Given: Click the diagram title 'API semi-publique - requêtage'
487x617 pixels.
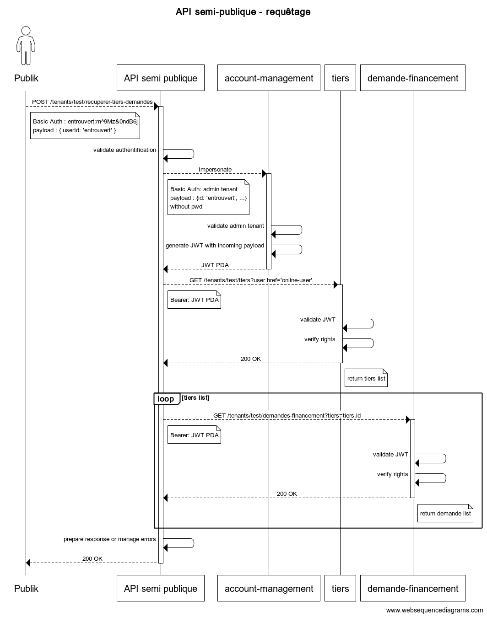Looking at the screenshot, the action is click(243, 12).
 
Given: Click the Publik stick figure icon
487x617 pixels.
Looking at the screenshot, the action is click(26, 46).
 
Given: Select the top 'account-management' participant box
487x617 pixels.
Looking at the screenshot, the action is click(269, 78).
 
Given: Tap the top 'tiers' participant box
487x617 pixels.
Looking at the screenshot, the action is click(340, 78).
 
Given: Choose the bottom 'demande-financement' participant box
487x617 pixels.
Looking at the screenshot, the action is click(413, 588).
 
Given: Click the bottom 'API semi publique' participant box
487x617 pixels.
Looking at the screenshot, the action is click(160, 588).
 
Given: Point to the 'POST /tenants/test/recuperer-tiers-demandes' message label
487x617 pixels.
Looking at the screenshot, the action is click(92, 102).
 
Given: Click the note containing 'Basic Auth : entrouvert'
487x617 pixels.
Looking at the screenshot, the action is click(85, 126).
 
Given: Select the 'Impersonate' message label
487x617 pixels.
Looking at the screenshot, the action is click(215, 169).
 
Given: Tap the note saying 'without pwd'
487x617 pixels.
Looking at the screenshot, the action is click(208, 197).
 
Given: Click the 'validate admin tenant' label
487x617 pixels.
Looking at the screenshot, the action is click(235, 226).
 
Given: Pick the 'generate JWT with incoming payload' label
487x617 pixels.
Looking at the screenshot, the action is click(215, 246).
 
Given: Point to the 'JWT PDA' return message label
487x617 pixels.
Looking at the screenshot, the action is click(215, 265).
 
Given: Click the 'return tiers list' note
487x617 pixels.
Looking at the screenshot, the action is click(366, 378).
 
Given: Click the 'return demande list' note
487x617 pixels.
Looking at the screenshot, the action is click(445, 513).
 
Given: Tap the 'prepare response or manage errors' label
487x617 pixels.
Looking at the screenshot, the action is click(110, 539).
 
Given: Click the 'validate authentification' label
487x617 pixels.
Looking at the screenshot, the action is click(124, 150).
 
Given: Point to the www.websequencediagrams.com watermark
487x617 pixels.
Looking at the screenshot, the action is click(434, 610).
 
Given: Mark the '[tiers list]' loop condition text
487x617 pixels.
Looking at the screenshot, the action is click(195, 397).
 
